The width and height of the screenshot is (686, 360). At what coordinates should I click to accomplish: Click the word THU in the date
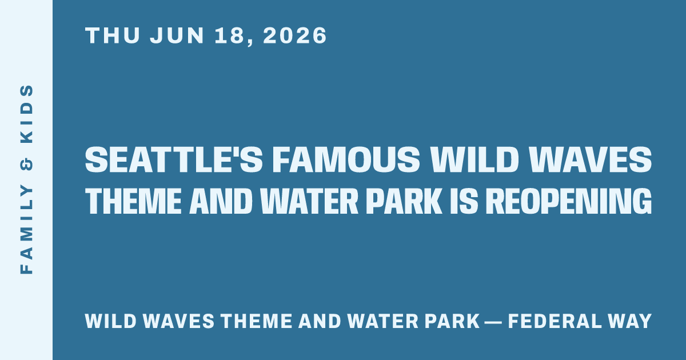click(x=113, y=35)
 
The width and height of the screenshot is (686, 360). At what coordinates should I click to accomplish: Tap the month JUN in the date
click(x=177, y=35)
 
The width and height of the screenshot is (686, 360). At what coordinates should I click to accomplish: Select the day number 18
click(x=229, y=35)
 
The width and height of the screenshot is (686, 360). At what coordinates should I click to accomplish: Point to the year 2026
click(x=295, y=35)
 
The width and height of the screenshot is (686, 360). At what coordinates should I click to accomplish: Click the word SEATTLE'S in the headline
click(x=174, y=159)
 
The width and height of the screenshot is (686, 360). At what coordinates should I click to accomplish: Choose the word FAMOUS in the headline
click(x=346, y=159)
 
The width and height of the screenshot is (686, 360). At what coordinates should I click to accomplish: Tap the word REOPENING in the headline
click(x=569, y=201)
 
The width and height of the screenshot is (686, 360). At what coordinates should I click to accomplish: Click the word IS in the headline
click(x=464, y=201)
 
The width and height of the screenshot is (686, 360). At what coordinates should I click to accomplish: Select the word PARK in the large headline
click(x=404, y=201)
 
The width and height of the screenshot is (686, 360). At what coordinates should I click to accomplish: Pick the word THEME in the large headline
click(x=134, y=201)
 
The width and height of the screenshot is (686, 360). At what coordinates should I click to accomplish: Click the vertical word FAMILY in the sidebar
click(x=27, y=229)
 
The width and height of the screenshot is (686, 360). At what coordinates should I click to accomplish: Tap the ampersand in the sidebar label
click(x=27, y=164)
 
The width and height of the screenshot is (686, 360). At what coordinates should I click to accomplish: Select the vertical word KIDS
click(x=27, y=114)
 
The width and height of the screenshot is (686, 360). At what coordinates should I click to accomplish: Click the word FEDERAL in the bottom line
click(x=555, y=321)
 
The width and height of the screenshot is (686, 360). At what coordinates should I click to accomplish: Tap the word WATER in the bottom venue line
click(x=383, y=321)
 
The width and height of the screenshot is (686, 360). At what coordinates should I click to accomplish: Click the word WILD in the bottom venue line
click(x=110, y=321)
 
